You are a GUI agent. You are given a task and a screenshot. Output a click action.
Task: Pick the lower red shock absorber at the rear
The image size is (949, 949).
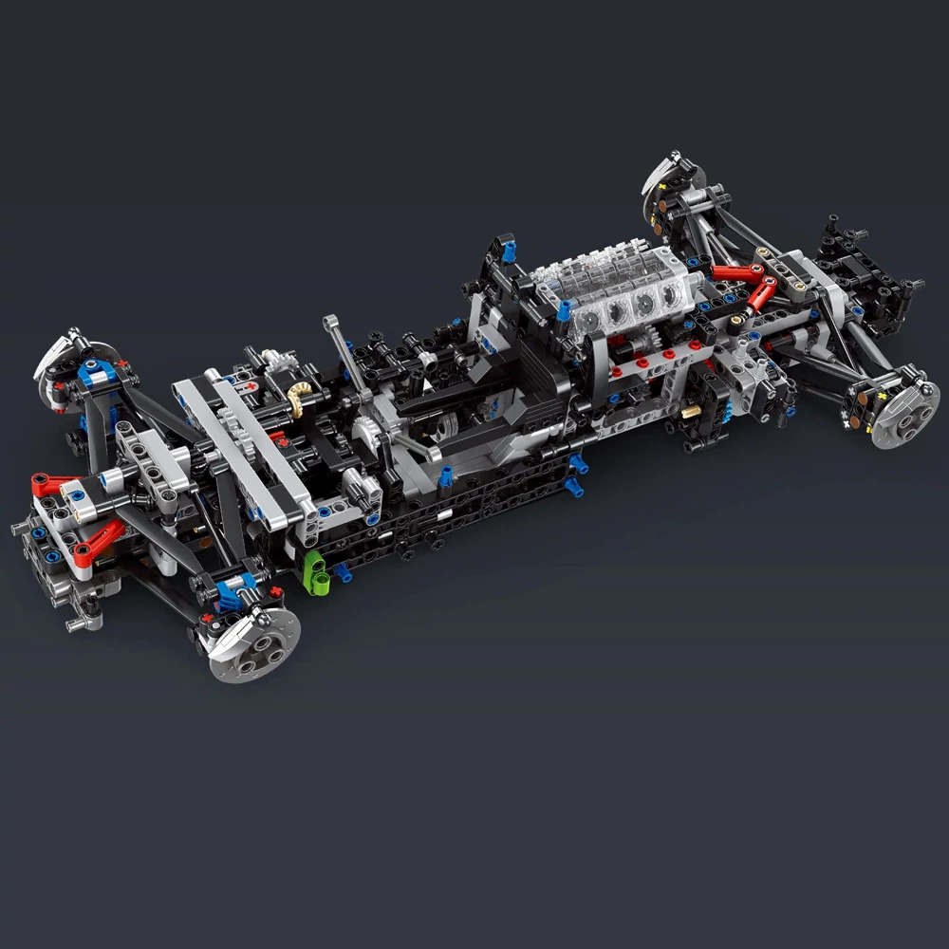[x=760, y=294]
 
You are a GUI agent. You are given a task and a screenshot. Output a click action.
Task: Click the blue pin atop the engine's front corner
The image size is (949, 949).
[x=564, y=309]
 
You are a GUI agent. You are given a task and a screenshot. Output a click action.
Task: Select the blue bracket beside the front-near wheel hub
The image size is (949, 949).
[x=231, y=595]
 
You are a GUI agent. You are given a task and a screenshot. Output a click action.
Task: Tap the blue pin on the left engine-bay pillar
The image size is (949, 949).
[x=509, y=251]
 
